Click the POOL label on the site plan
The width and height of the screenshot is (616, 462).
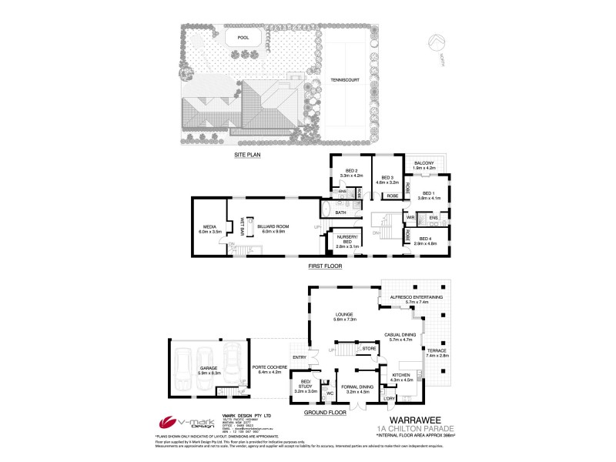[243, 37]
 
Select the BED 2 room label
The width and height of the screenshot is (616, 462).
[350, 172]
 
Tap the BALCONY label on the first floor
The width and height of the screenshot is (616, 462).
[424, 163]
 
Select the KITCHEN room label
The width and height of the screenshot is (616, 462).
[403, 375]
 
